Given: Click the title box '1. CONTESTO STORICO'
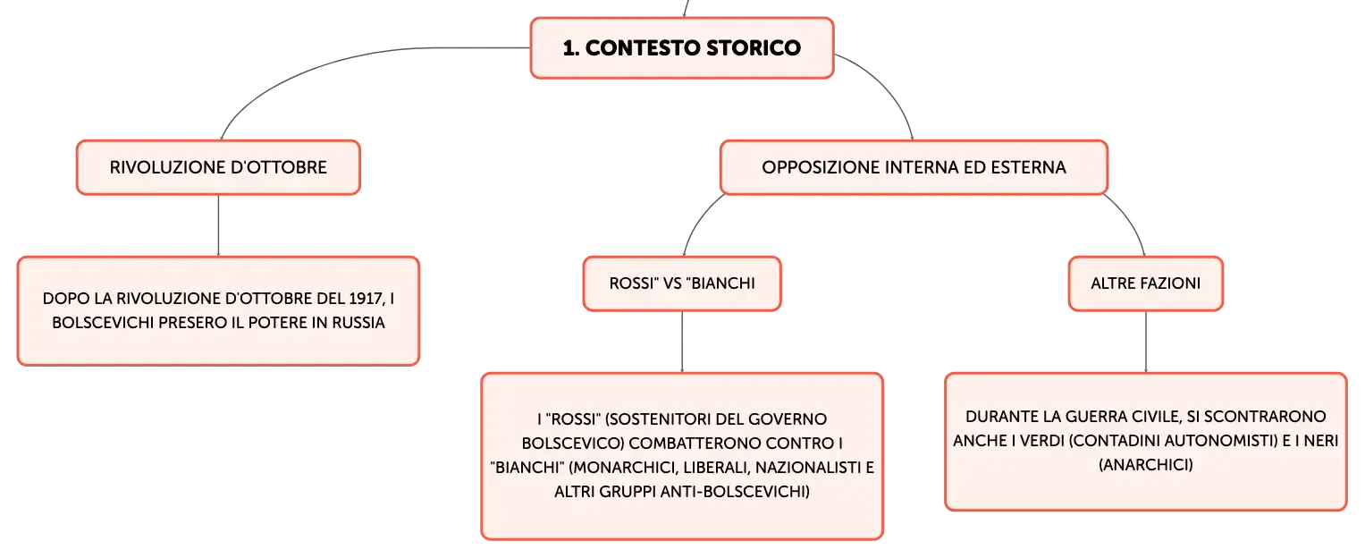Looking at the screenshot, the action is click(682, 47).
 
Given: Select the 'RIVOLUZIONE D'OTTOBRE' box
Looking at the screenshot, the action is click(218, 167).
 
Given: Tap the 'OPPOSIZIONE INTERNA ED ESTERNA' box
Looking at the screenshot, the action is click(914, 167).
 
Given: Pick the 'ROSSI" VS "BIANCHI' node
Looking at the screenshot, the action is click(682, 283).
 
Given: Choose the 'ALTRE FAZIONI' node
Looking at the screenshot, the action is click(1146, 283).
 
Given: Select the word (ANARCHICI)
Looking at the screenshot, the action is click(1146, 465).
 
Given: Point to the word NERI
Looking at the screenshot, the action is click(1321, 440).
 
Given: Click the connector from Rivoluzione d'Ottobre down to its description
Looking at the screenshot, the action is click(218, 225).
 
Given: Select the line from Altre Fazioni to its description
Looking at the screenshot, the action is click(1146, 342).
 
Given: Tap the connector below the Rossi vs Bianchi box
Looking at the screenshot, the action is click(682, 342).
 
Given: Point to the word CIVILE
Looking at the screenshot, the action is click(1156, 417).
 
